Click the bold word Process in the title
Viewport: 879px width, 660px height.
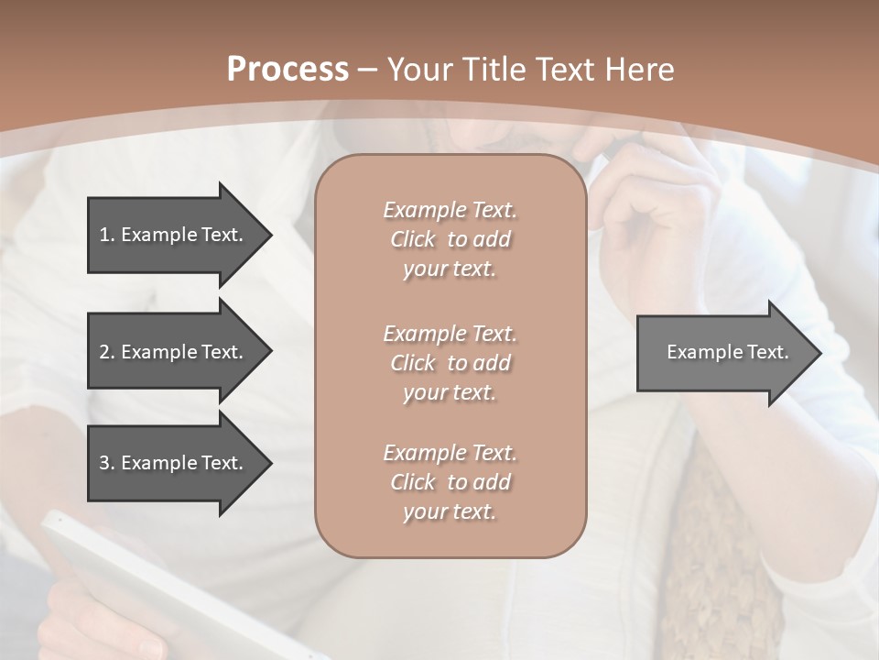[288, 70]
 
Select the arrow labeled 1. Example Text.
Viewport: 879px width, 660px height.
[174, 235]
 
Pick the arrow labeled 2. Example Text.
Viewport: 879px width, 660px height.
[174, 352]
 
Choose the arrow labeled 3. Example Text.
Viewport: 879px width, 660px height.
[174, 463]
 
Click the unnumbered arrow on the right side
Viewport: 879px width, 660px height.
[723, 352]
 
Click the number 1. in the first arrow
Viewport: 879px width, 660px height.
[107, 235]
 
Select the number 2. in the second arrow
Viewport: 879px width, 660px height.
[107, 352]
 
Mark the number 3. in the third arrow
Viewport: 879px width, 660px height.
[107, 463]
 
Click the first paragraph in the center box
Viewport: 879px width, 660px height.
[450, 239]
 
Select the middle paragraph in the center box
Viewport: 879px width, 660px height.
[450, 362]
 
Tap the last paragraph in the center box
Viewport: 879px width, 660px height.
[450, 482]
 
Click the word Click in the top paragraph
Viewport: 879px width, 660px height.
[412, 240]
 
